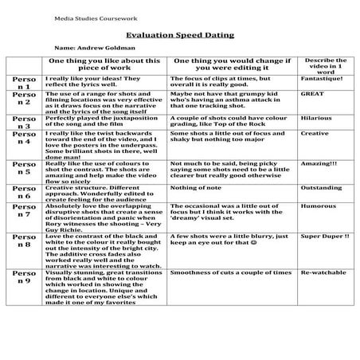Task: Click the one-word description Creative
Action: coord(314,134)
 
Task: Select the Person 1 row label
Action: coord(24,83)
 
